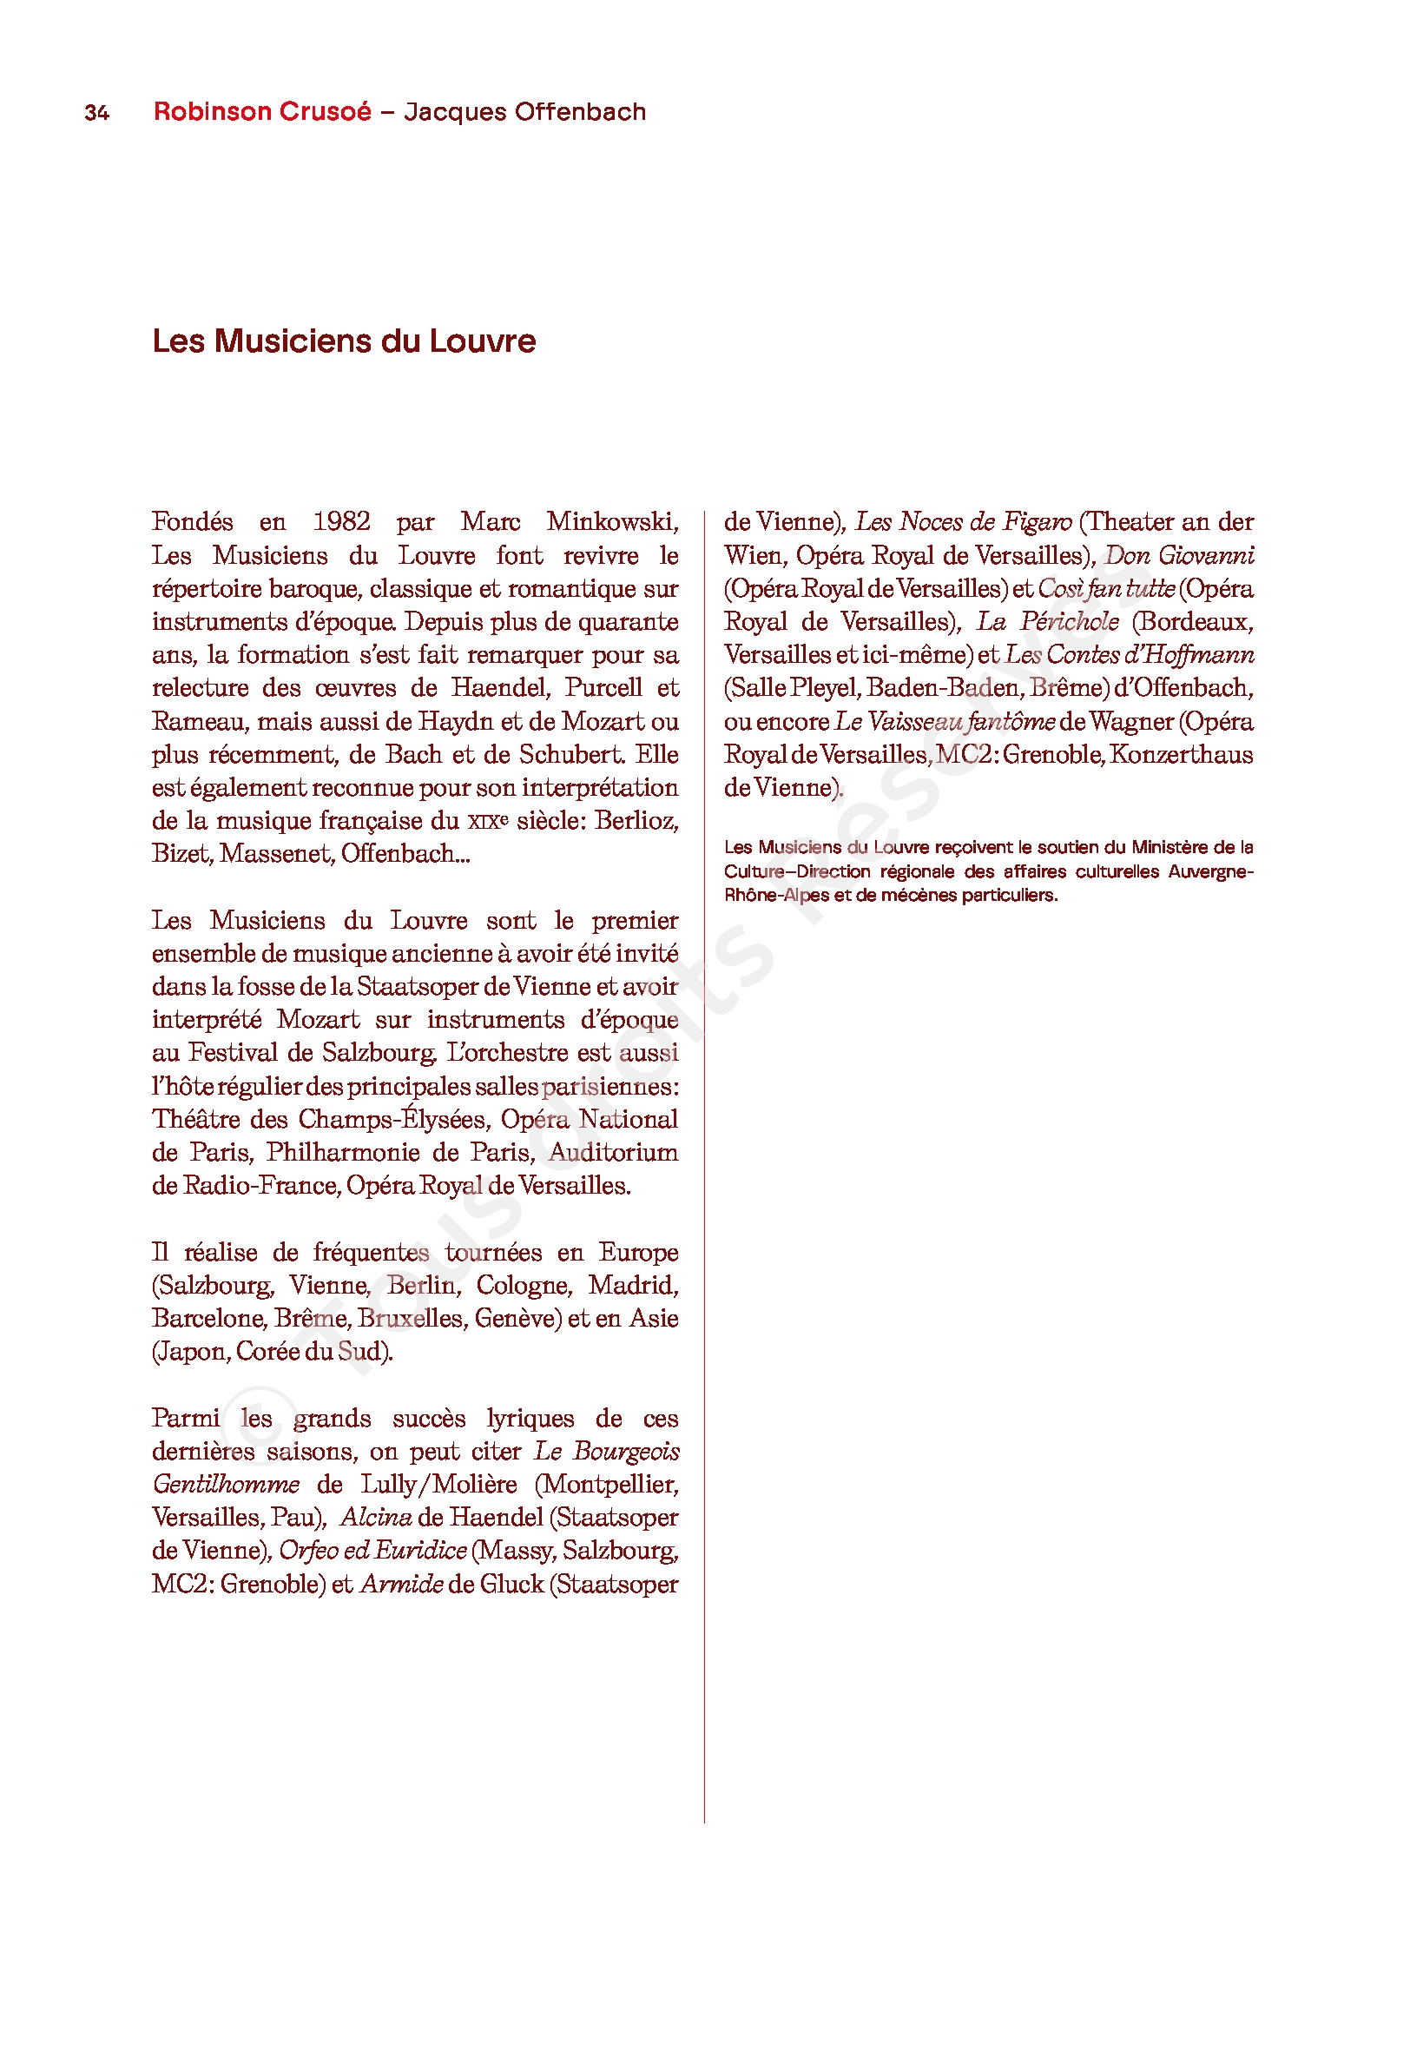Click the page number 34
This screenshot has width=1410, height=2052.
(x=96, y=112)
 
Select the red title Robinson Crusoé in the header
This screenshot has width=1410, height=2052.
(x=262, y=111)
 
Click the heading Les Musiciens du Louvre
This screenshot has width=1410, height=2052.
(x=344, y=341)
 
